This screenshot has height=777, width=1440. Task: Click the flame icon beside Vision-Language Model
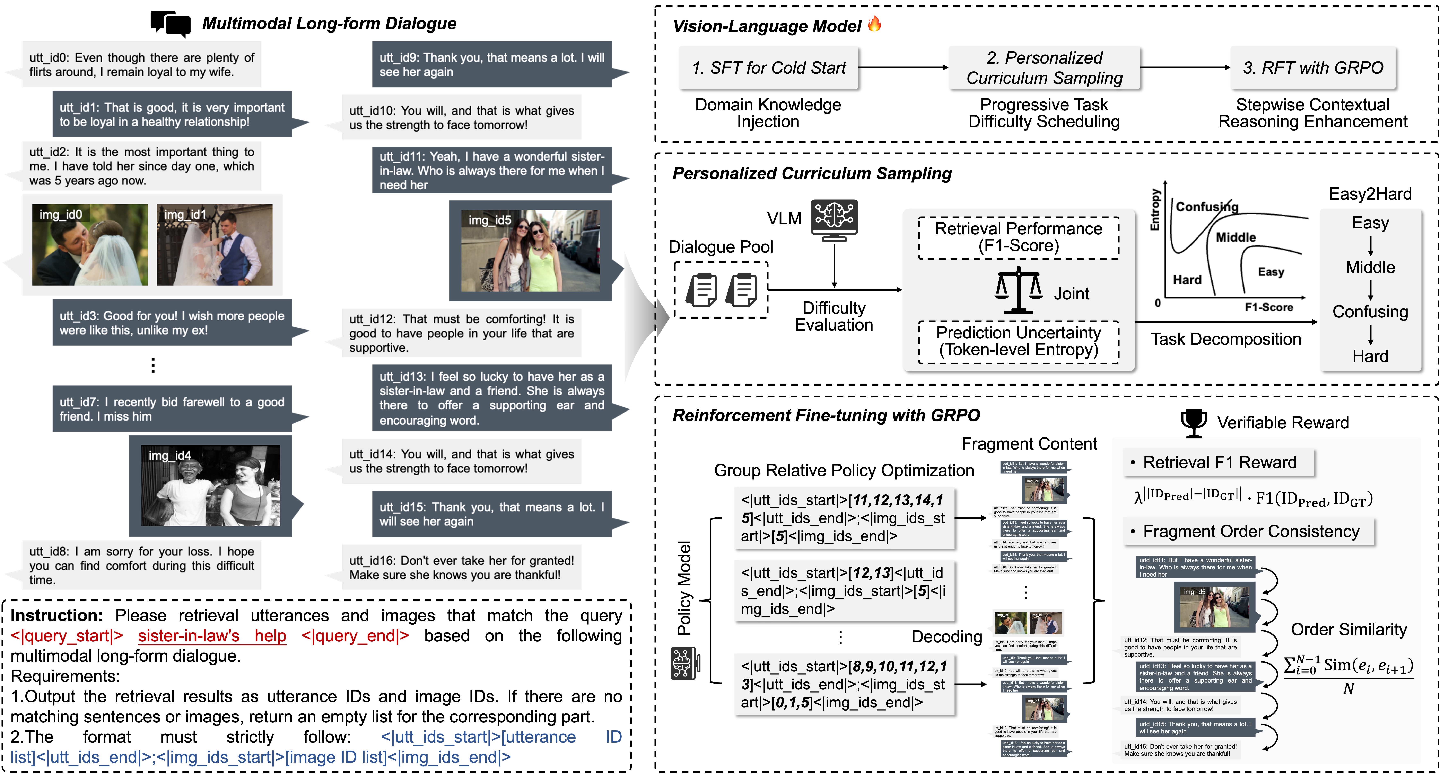click(x=874, y=24)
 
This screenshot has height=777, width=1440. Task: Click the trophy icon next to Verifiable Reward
click(x=1194, y=423)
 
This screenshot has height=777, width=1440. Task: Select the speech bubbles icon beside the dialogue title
click(x=171, y=24)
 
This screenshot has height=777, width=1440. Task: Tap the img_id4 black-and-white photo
click(x=211, y=485)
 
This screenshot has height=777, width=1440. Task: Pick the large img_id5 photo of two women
click(x=531, y=251)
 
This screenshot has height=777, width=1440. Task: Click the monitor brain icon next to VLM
click(x=834, y=219)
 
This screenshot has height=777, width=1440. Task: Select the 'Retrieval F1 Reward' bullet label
click(x=1219, y=462)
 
